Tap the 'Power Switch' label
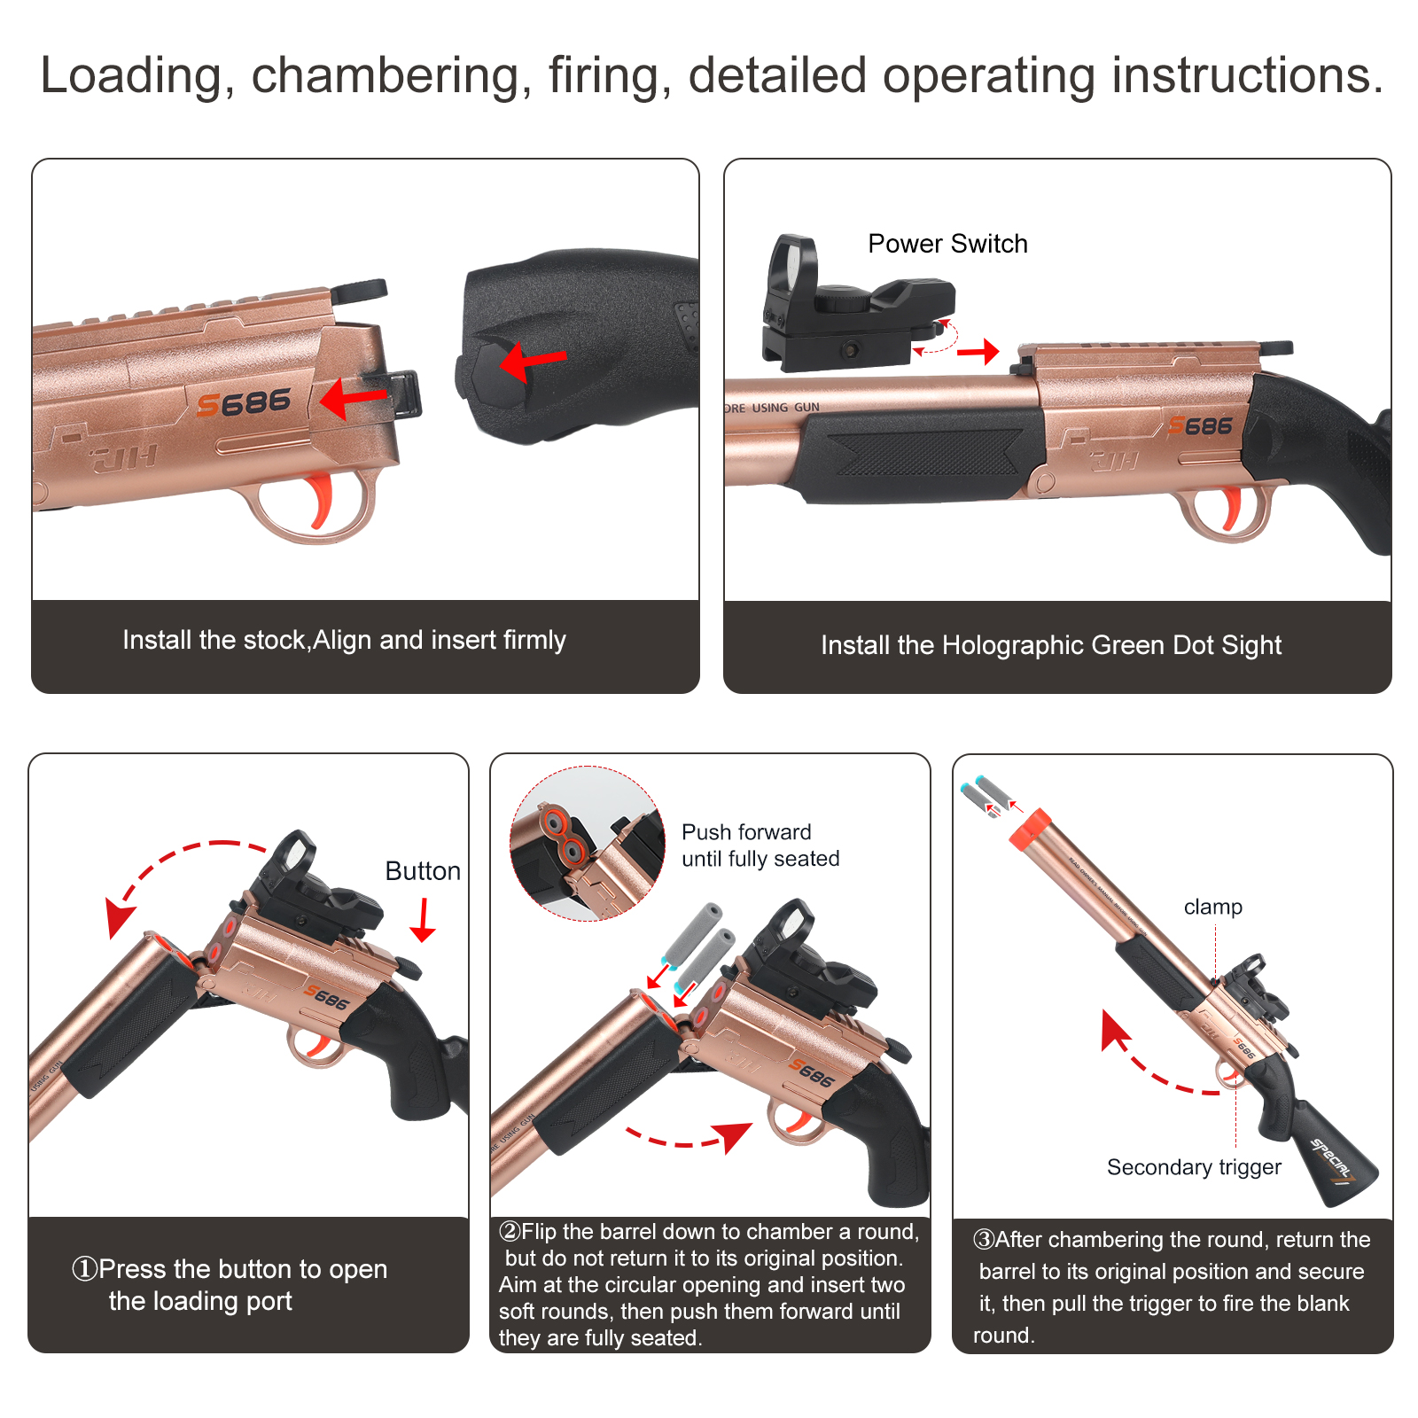point(947,244)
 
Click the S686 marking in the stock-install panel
point(244,403)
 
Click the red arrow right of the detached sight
point(978,353)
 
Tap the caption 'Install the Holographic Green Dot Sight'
point(1051,645)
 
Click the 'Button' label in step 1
point(423,871)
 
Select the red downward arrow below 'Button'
point(424,920)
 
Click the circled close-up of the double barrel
point(587,843)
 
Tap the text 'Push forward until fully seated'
point(760,845)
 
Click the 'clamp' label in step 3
point(1213,907)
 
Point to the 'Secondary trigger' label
point(1194,1167)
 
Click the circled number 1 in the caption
point(84,1269)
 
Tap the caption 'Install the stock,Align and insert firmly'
point(344,640)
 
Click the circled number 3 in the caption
point(984,1240)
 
